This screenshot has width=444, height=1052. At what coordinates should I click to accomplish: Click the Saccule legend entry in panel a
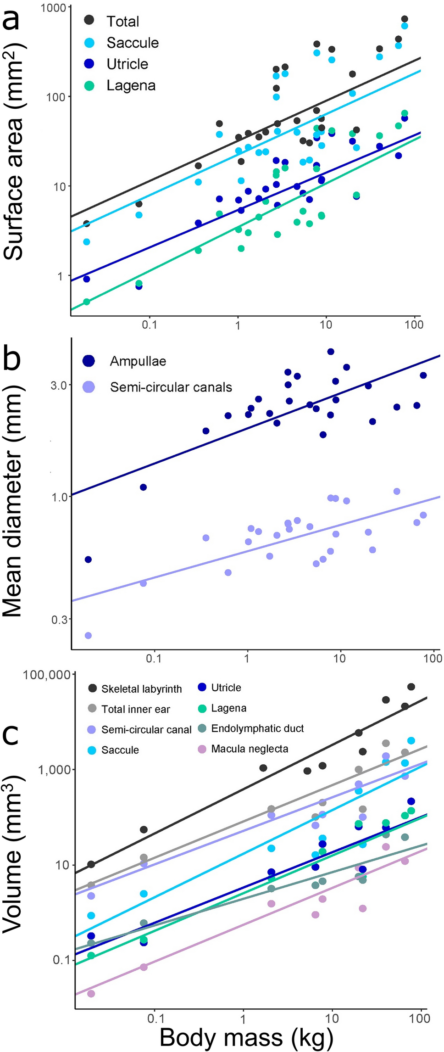pyautogui.click(x=132, y=43)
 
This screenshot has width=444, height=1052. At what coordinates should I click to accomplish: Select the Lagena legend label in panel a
pyautogui.click(x=131, y=85)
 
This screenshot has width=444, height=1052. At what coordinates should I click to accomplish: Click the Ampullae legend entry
pyautogui.click(x=138, y=361)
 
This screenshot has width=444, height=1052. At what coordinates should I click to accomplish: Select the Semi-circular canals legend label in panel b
pyautogui.click(x=171, y=387)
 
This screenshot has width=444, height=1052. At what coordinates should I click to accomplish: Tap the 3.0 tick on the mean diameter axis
pyautogui.click(x=59, y=385)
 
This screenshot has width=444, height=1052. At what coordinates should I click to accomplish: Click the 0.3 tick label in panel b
pyautogui.click(x=59, y=619)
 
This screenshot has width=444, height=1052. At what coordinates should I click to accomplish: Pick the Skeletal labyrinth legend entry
pyautogui.click(x=141, y=689)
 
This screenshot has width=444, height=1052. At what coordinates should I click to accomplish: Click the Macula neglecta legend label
pyautogui.click(x=250, y=749)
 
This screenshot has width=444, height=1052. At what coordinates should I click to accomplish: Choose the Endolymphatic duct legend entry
pyautogui.click(x=257, y=728)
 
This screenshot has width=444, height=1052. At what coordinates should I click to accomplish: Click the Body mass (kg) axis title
pyautogui.click(x=246, y=1037)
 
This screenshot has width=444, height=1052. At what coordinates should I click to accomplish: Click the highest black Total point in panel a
pyautogui.click(x=405, y=19)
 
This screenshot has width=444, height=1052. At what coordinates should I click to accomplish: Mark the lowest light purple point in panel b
pyautogui.click(x=88, y=635)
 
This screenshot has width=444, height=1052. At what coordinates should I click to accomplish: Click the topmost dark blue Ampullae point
pyautogui.click(x=331, y=352)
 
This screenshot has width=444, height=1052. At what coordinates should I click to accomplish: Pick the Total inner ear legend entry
pyautogui.click(x=135, y=709)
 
